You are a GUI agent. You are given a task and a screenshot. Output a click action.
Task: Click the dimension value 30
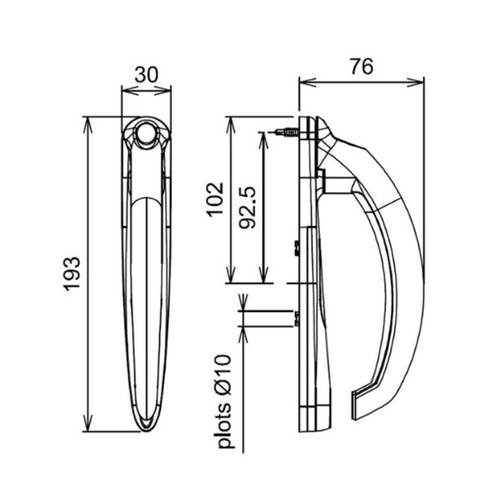point(146,75)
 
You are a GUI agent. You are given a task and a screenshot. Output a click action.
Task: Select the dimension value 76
point(362,67)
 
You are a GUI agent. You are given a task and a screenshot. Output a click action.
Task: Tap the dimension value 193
point(72,274)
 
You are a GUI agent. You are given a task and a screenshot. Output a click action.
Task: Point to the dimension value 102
point(215,200)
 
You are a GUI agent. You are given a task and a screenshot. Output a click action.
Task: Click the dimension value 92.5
point(248,207)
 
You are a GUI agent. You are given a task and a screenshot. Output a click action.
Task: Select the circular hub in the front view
point(146,132)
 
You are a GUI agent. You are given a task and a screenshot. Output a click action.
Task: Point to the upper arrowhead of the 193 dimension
point(87,125)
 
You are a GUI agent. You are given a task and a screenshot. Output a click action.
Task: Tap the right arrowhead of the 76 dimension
point(415,83)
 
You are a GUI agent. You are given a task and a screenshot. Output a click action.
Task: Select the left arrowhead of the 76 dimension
point(307,83)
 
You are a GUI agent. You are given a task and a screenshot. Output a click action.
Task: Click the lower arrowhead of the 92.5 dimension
point(263,275)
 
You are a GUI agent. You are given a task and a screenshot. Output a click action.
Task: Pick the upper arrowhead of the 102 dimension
point(230,125)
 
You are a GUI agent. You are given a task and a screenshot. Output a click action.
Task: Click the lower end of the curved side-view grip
point(356,406)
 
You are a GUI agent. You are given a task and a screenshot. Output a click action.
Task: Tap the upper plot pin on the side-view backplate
point(296,248)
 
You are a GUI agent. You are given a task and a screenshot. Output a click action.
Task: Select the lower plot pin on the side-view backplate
point(296,318)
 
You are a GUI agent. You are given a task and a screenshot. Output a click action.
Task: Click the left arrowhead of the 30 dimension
point(130,90)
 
